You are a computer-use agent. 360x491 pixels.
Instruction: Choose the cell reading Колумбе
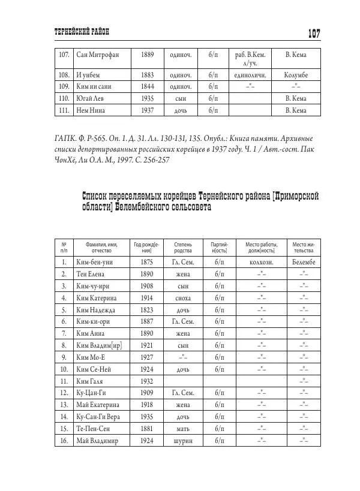coord(296,76)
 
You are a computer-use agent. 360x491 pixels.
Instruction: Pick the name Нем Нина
coord(93,110)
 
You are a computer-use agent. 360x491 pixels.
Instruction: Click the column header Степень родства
coord(183,248)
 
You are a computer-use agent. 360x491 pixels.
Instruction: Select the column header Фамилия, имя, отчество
coord(101,248)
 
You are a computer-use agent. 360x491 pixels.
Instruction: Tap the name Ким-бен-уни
coord(95,263)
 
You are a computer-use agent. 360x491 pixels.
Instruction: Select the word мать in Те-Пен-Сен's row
coord(184,428)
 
